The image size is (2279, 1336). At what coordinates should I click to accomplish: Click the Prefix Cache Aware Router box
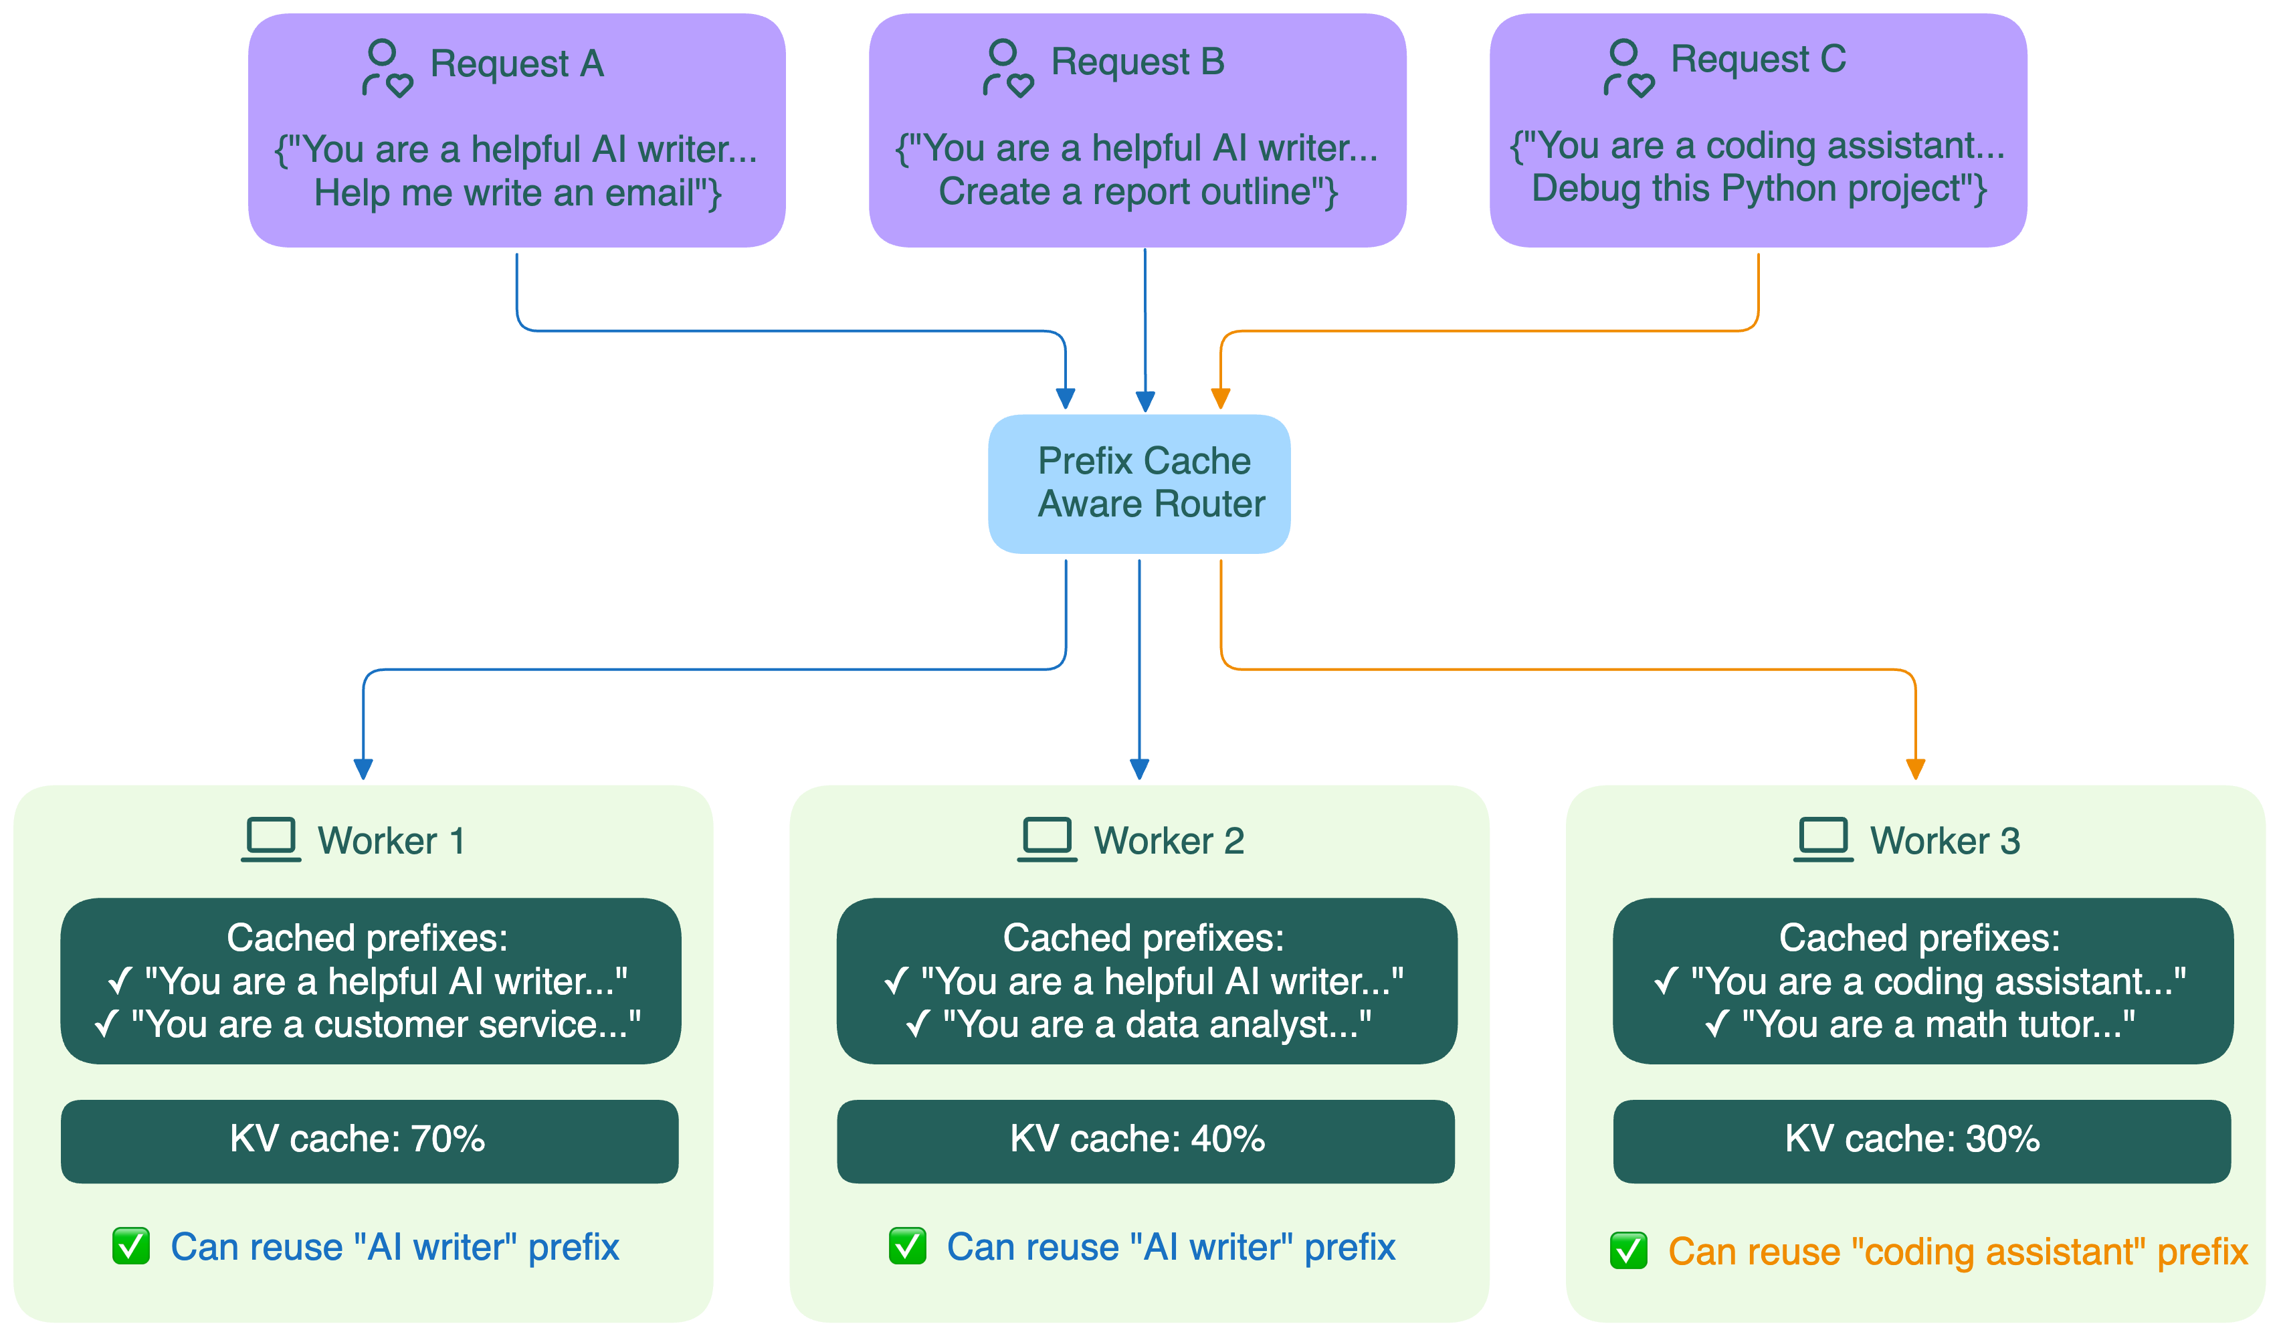[1138, 483]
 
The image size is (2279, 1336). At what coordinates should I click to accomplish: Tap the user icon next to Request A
[386, 68]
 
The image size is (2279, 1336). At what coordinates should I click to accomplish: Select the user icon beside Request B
[1007, 68]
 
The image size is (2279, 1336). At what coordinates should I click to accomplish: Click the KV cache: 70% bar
[369, 1140]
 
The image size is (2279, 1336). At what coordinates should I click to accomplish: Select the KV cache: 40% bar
[1145, 1140]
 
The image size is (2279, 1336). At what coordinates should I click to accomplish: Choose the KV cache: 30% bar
[1921, 1140]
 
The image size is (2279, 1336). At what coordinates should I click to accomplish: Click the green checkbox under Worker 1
[131, 1246]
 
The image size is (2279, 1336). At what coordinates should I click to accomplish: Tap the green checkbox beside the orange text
[1628, 1250]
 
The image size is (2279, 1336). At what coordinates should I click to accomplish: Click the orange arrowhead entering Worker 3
[1914, 769]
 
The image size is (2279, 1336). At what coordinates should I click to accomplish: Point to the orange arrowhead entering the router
[1220, 398]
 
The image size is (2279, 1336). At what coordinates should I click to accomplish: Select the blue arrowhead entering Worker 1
[363, 769]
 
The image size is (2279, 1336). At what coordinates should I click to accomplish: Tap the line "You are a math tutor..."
[1935, 1025]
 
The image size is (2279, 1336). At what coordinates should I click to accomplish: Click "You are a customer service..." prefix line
[385, 1025]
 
